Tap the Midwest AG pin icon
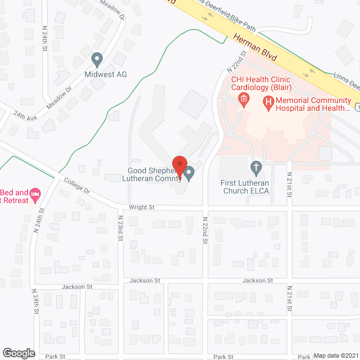point(97,58)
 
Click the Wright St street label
point(141,207)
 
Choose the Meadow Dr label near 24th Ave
point(60,96)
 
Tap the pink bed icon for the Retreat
point(35,195)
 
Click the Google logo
point(19,353)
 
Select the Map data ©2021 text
point(336,355)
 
